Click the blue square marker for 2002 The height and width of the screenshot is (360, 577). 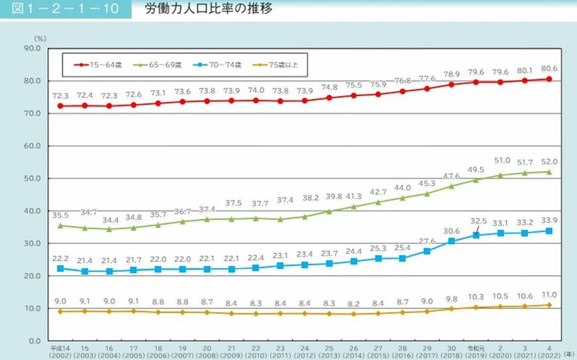pyautogui.click(x=61, y=269)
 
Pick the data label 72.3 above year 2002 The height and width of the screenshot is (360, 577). pyautogui.click(x=61, y=96)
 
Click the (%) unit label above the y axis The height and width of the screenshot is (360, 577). pyautogui.click(x=40, y=39)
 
